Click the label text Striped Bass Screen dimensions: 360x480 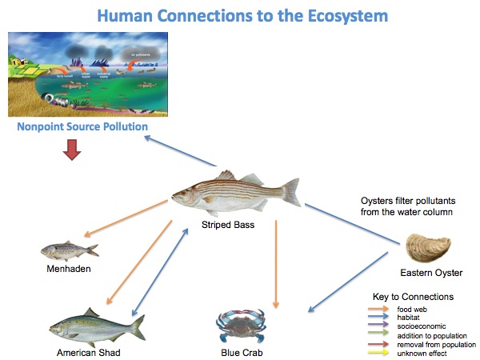pos(228,225)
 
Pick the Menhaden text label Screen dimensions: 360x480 pos(68,269)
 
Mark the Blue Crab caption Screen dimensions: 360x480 pos(241,352)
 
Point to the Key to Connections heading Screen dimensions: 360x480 pos(413,297)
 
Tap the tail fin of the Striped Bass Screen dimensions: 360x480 pos(290,192)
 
